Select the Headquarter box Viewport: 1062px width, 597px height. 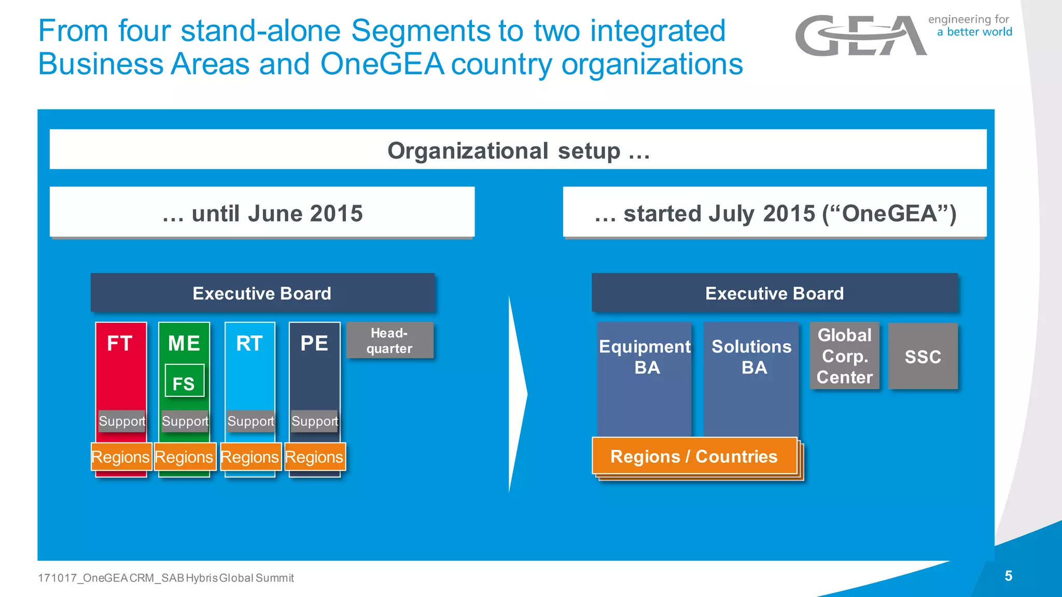click(x=389, y=340)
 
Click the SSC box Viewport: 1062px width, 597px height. click(x=923, y=357)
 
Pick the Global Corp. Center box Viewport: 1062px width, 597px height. click(x=844, y=356)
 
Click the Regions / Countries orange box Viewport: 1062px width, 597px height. click(x=694, y=456)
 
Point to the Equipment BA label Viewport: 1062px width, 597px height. click(x=645, y=357)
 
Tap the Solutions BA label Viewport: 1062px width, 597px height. click(x=751, y=357)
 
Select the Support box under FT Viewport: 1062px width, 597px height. click(x=122, y=421)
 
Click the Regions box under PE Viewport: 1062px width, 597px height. click(x=314, y=457)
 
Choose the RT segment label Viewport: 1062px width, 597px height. click(x=249, y=344)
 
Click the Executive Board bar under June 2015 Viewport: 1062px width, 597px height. click(x=262, y=293)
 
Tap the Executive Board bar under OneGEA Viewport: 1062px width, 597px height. click(x=774, y=293)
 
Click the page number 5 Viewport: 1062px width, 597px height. click(x=1008, y=576)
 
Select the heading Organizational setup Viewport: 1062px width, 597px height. click(x=518, y=151)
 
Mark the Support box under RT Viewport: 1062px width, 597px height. click(x=250, y=421)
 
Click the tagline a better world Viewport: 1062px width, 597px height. click(x=974, y=32)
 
